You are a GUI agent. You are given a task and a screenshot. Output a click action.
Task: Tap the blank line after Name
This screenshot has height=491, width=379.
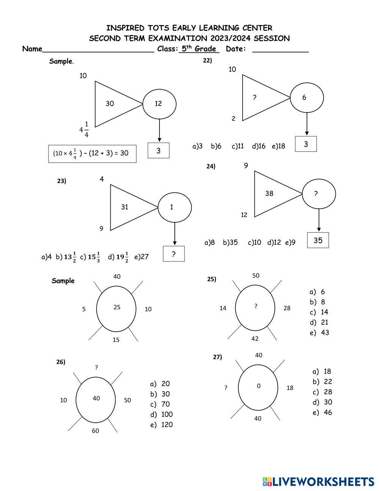coord(99,52)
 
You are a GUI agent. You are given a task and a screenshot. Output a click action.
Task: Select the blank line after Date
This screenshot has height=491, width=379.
coord(280,52)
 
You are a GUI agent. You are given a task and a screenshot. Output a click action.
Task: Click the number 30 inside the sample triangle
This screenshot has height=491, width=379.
coord(110,104)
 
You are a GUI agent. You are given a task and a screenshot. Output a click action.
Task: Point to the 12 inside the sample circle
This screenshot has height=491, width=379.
coord(158,104)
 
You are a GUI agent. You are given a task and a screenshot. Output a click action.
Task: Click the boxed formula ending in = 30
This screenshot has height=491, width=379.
coord(92,154)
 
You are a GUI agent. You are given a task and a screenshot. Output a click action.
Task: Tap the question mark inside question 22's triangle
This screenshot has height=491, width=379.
coord(254,98)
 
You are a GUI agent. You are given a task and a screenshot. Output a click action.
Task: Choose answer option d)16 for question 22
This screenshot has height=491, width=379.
coord(258,146)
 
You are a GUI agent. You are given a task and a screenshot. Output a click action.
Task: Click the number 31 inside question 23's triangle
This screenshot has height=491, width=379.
coord(125,207)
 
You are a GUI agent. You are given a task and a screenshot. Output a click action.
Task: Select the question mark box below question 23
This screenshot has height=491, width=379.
coord(174,254)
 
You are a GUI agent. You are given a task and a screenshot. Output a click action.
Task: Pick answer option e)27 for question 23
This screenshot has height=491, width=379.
coord(141,257)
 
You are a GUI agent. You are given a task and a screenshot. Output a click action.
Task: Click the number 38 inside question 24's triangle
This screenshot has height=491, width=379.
coord(269,194)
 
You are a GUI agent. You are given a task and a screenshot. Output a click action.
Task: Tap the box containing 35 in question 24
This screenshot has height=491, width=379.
coord(318,240)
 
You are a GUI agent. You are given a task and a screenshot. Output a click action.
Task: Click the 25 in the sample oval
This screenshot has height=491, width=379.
coord(117,307)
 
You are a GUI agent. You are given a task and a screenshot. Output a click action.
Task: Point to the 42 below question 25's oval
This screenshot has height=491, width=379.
coord(255,339)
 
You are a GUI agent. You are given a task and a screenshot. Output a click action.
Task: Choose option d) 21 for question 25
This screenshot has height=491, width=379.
coord(319,323)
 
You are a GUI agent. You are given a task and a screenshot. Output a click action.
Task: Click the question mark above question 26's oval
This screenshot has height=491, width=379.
coord(96,367)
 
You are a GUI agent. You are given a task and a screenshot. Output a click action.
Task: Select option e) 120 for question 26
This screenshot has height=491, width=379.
coord(161,425)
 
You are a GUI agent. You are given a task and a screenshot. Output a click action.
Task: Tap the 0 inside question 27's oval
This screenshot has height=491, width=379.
coord(259,386)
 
